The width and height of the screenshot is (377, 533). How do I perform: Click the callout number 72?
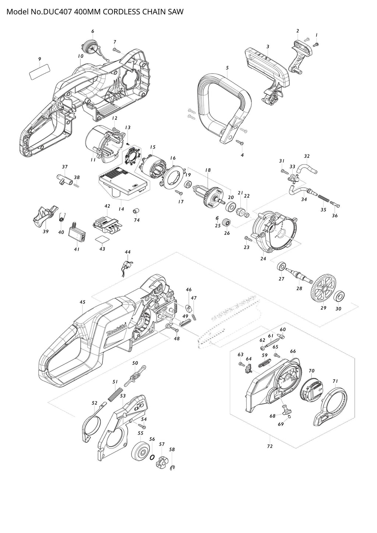pos(269,446)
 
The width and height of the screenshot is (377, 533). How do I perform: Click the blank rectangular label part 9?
pos(39,71)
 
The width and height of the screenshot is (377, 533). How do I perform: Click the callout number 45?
pos(82,302)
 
